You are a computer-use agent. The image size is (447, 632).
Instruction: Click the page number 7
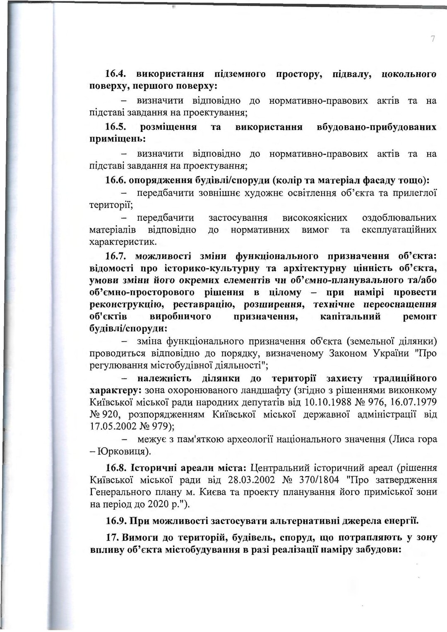tap(433, 39)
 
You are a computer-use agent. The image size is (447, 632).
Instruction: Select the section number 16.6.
tap(115, 181)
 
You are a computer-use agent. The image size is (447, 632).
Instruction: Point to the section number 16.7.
tap(115, 256)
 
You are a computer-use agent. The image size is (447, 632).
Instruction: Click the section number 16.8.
tap(116, 468)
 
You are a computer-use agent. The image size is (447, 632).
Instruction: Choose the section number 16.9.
tap(116, 521)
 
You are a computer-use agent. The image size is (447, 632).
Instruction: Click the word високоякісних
tap(315, 218)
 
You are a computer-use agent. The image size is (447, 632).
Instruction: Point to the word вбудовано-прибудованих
tap(376, 127)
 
